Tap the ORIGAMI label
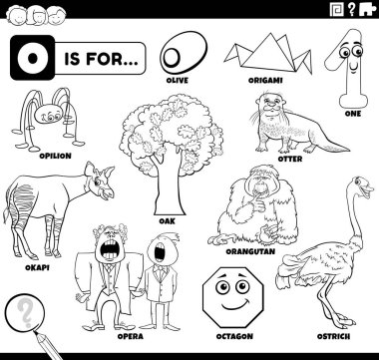(x=265, y=81)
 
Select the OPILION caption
(x=55, y=156)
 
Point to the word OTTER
(x=290, y=159)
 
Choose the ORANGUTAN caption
(x=250, y=251)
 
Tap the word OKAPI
(x=37, y=267)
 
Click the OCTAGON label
(x=234, y=336)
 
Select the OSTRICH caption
(x=333, y=336)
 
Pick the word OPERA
(x=131, y=336)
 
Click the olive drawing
(x=184, y=52)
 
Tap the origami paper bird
(x=268, y=53)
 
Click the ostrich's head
(x=363, y=186)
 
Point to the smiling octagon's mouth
(x=236, y=303)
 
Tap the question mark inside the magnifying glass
(x=24, y=312)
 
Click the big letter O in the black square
(x=32, y=58)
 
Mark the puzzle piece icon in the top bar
(x=367, y=9)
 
